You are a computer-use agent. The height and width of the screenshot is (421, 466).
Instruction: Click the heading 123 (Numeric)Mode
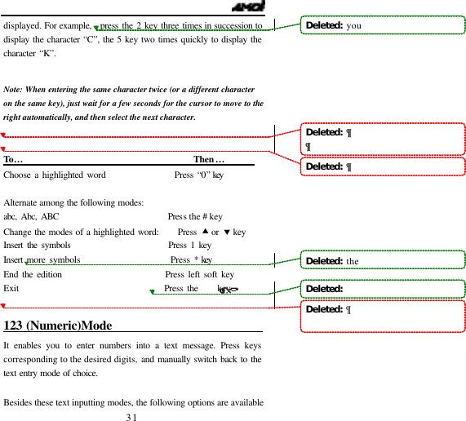pyautogui.click(x=58, y=326)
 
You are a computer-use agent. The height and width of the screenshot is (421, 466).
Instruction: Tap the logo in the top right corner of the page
pyautogui.click(x=246, y=7)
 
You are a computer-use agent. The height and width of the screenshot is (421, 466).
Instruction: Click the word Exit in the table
pyautogui.click(x=11, y=288)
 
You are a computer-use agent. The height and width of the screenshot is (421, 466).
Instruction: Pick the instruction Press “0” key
pyautogui.click(x=199, y=175)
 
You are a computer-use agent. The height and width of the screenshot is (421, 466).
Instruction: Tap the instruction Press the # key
pyautogui.click(x=194, y=217)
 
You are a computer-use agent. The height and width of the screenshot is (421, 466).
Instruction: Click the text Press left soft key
pyautogui.click(x=199, y=275)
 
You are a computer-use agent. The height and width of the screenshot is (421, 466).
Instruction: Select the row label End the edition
pyautogui.click(x=33, y=275)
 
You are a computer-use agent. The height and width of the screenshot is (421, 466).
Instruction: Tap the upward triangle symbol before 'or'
pyautogui.click(x=205, y=231)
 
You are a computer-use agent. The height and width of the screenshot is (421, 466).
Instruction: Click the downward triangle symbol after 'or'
pyautogui.click(x=227, y=232)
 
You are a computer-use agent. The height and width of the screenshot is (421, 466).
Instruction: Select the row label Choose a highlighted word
pyautogui.click(x=55, y=175)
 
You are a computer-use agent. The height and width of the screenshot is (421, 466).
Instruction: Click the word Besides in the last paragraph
pyautogui.click(x=20, y=403)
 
